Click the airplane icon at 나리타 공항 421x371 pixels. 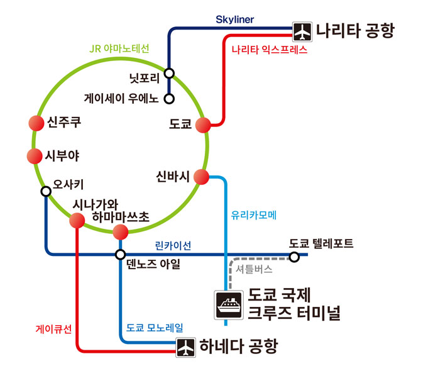(302, 31)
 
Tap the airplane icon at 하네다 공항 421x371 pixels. (185, 347)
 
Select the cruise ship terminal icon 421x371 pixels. (229, 305)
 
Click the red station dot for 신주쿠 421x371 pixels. (36, 123)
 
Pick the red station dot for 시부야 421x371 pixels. (35, 156)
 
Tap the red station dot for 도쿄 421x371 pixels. (203, 125)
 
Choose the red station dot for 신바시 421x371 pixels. (201, 177)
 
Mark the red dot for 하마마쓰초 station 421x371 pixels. (121, 232)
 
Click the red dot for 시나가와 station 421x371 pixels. (77, 221)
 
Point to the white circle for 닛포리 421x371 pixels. (169, 73)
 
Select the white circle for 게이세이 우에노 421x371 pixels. (169, 99)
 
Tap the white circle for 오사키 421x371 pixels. (46, 191)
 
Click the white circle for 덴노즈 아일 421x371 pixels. (120, 254)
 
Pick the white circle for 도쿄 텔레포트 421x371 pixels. (294, 257)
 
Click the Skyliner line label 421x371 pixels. (234, 19)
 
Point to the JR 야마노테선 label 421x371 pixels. (119, 48)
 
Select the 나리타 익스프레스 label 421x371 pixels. (270, 50)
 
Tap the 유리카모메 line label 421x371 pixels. (253, 215)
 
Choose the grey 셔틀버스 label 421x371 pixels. (254, 269)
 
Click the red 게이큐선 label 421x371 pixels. (53, 329)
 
